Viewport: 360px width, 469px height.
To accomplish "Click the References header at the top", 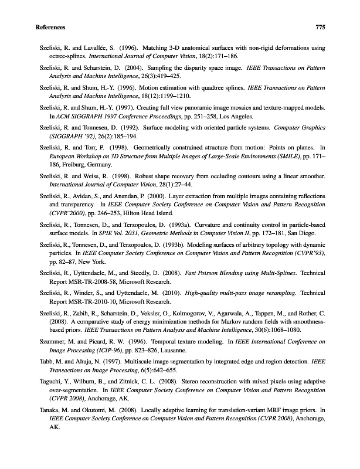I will [x=50, y=28].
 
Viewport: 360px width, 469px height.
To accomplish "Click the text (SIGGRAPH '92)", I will [x=65, y=137].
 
